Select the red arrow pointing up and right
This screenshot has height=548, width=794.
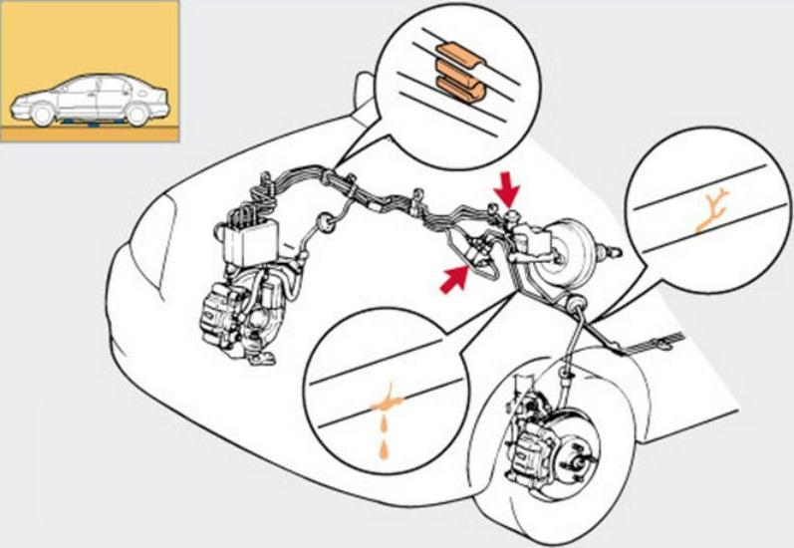pos(453,280)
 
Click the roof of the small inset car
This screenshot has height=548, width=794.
pos(100,78)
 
